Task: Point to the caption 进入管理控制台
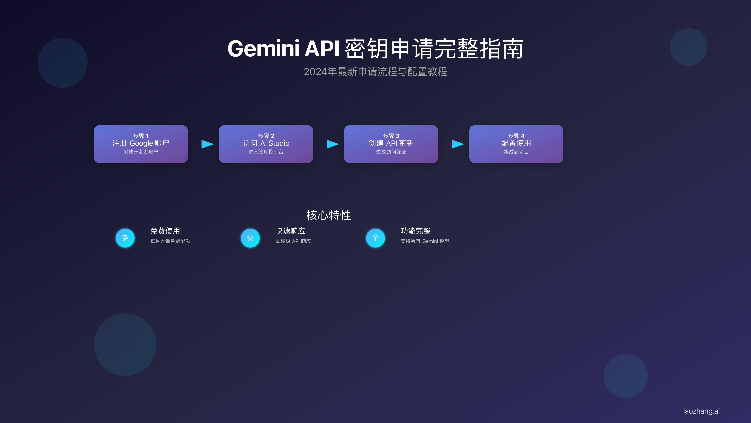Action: coord(266,152)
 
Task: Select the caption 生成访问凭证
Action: coord(391,152)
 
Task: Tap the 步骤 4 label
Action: coord(516,136)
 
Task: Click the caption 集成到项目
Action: coord(516,152)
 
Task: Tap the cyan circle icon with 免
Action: coord(125,238)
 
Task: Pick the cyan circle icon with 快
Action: coord(250,238)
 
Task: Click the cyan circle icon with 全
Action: coord(375,238)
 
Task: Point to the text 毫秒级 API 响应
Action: coord(293,241)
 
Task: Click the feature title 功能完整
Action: coord(415,231)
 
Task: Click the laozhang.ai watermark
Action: coord(701,411)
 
